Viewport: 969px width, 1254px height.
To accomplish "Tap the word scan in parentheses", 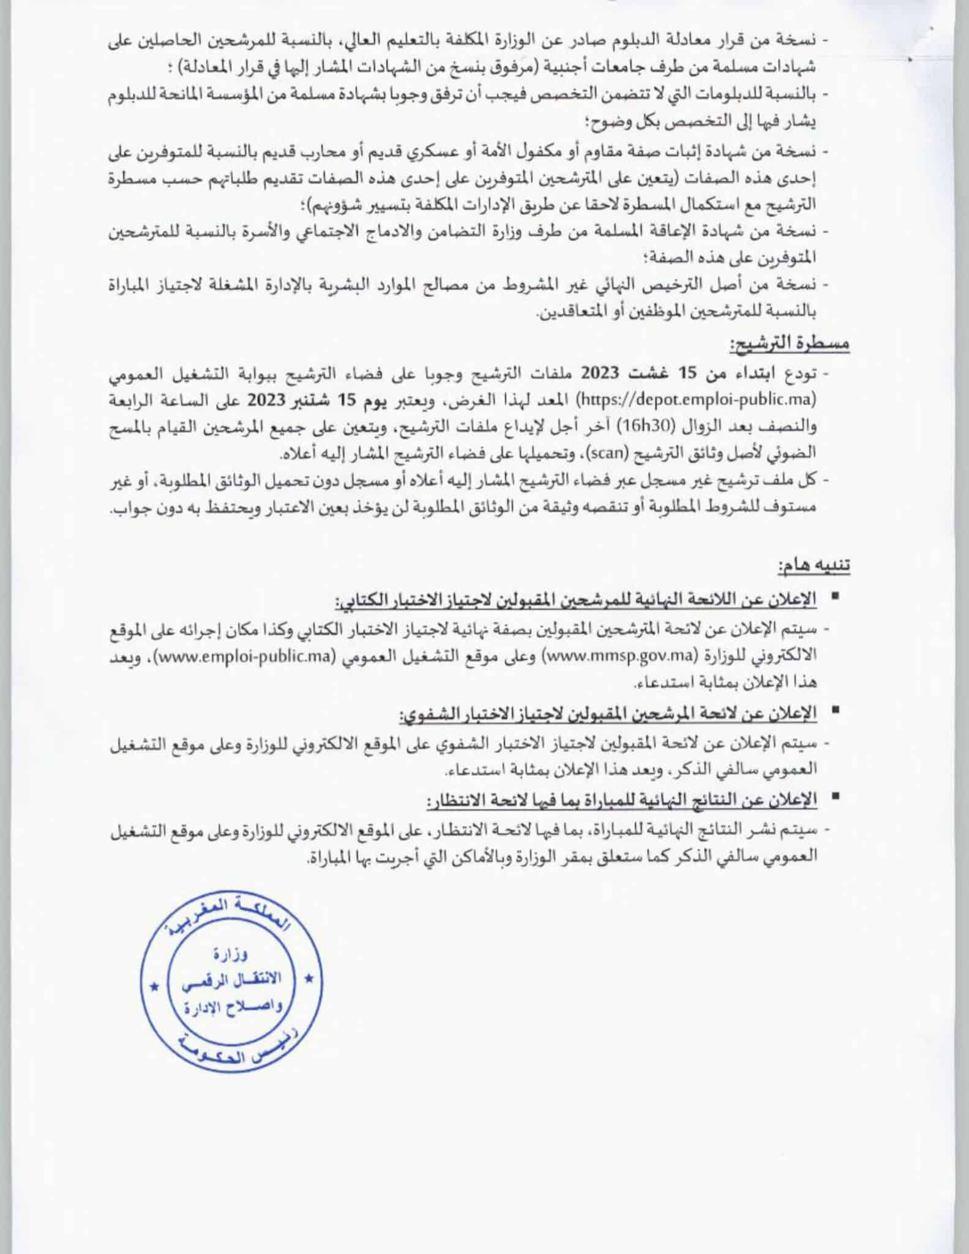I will (605, 454).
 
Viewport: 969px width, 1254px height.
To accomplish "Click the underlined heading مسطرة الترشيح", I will (790, 344).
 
